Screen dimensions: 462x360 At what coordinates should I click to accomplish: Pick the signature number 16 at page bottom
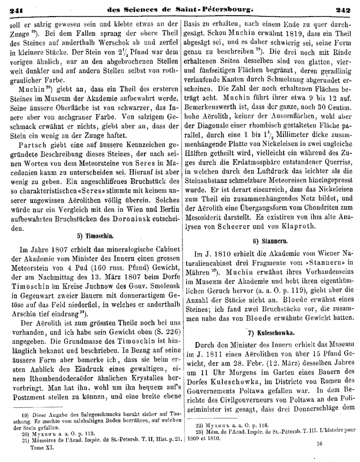320,443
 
